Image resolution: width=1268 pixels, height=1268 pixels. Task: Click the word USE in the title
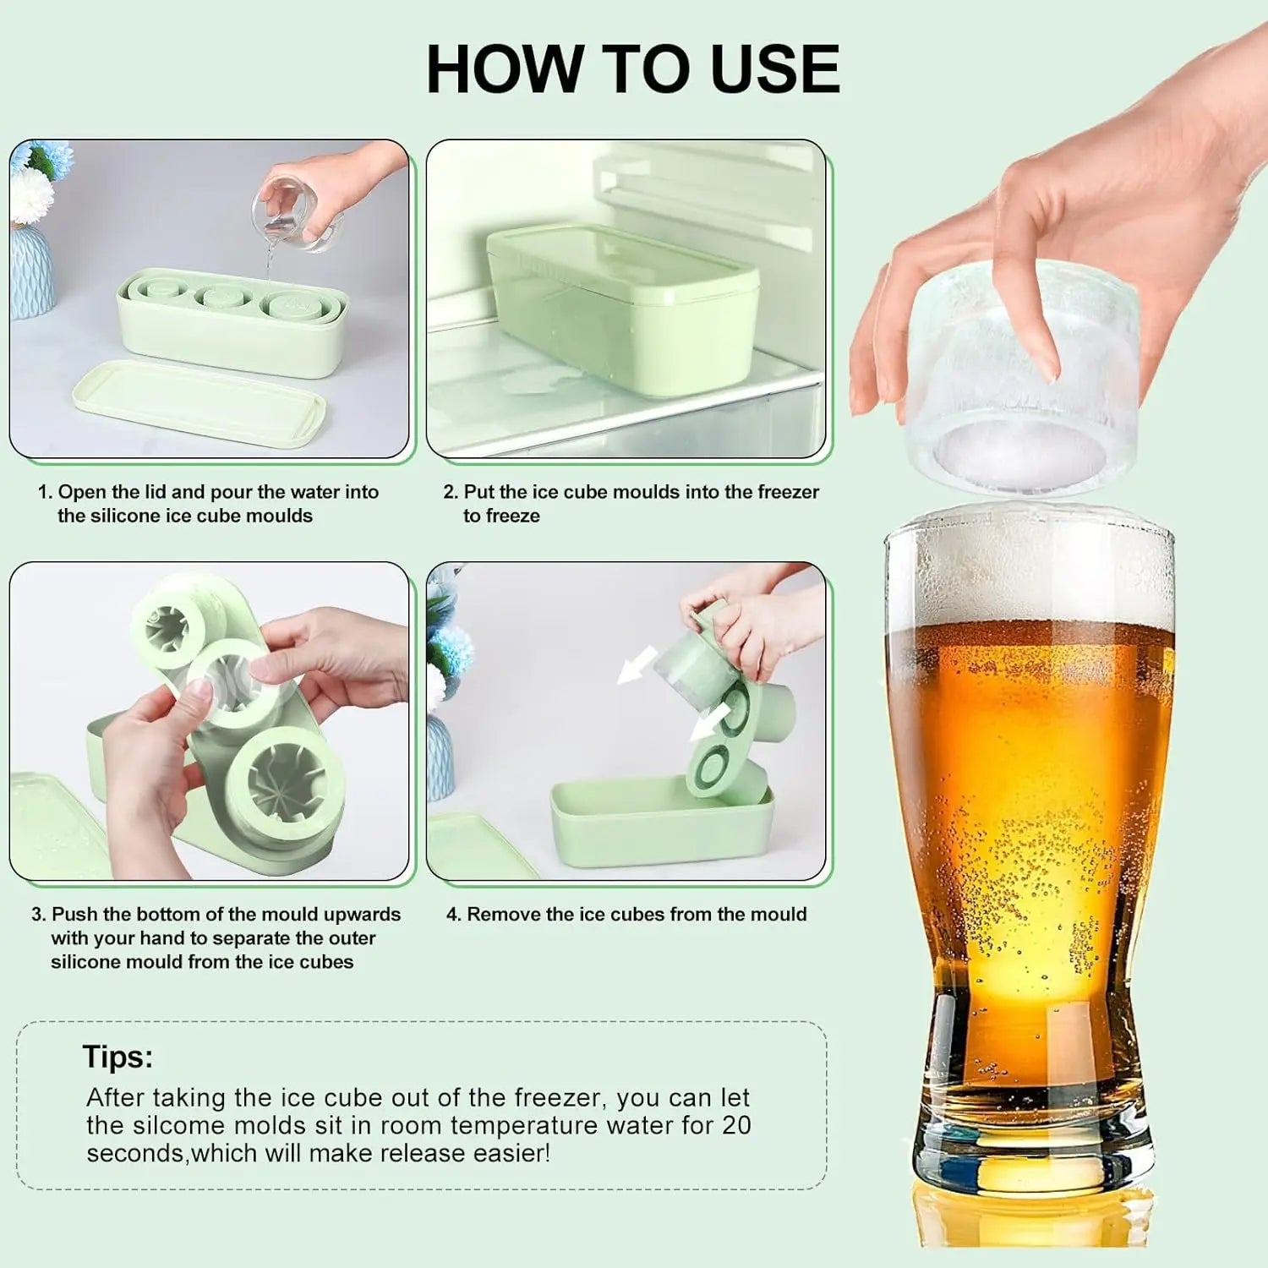776,68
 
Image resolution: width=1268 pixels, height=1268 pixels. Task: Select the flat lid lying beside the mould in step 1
199,403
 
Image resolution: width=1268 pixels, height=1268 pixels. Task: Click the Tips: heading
118,1057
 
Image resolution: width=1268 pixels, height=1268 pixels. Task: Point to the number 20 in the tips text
736,1125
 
